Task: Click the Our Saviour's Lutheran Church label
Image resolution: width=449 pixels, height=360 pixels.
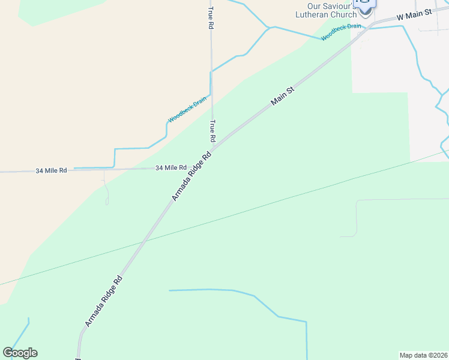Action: (x=331, y=10)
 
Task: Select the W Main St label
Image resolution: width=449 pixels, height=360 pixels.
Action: (x=414, y=14)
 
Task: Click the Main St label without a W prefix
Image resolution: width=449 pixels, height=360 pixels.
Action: (x=282, y=96)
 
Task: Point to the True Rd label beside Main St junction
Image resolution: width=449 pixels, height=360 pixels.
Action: (x=212, y=130)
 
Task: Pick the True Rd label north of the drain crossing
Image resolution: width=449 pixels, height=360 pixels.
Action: (x=211, y=18)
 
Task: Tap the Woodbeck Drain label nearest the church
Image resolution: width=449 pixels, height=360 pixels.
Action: (x=341, y=32)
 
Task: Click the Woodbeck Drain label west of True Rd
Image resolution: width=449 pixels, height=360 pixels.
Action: (x=187, y=109)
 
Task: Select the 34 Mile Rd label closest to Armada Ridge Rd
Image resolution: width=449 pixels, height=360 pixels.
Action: (x=171, y=168)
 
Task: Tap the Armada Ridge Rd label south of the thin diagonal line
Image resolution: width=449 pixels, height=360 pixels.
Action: (x=104, y=301)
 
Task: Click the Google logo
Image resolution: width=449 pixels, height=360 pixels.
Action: (x=20, y=353)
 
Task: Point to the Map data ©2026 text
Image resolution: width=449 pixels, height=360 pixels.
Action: (x=423, y=355)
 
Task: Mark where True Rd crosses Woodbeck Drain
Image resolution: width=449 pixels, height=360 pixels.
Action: (x=211, y=72)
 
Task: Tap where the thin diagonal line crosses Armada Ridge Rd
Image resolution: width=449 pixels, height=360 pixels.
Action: (x=144, y=241)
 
